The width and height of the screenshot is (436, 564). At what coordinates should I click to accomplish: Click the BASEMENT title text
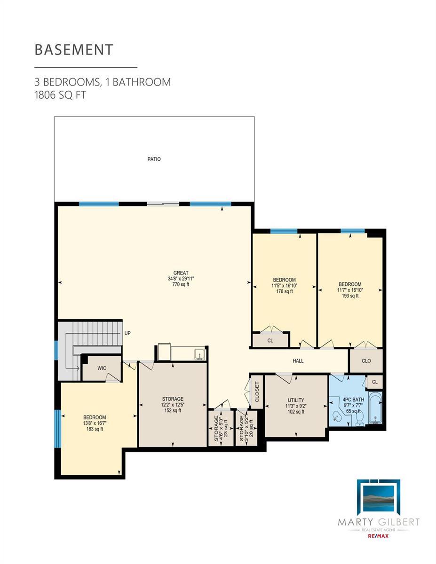point(74,49)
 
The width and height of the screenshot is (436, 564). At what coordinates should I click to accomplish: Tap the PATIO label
point(154,159)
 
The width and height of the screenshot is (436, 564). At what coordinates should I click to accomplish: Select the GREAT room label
point(181,273)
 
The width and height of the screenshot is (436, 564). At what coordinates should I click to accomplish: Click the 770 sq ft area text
point(181,284)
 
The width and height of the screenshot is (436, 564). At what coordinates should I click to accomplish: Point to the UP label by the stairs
point(127,333)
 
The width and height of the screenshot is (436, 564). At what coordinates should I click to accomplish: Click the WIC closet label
point(102,368)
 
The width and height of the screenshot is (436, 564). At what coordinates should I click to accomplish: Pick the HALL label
point(298,361)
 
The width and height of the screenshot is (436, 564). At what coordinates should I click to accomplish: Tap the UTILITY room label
point(296,400)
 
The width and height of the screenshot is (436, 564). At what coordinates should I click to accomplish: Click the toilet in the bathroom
point(360,418)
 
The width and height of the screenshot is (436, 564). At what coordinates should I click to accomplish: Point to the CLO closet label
point(366,361)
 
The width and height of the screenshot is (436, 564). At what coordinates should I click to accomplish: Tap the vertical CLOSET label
point(257,392)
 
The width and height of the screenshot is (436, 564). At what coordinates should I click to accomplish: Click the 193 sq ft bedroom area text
point(350,296)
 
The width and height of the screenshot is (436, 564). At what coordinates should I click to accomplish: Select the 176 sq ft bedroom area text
point(285,291)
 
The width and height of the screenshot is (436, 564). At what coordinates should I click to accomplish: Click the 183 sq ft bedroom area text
point(95,429)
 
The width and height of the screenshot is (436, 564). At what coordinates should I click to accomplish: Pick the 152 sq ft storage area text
point(173,410)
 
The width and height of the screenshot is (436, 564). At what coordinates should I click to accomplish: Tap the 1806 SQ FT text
point(60,95)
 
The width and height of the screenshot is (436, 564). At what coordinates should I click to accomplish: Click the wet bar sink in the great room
point(200,354)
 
